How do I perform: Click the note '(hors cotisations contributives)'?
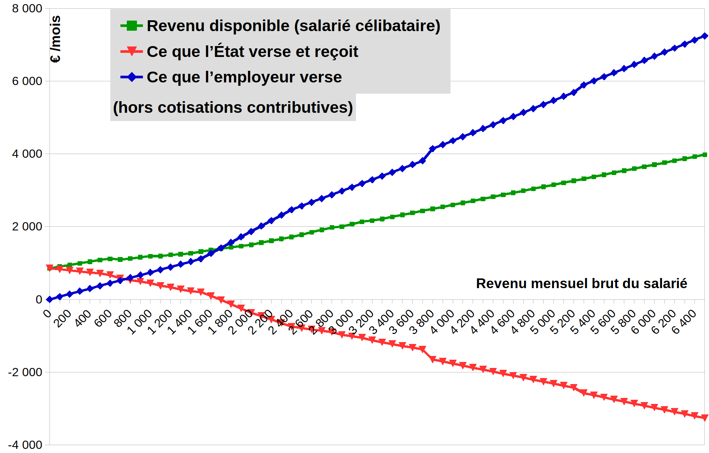233,108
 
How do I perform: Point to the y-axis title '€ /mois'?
56,39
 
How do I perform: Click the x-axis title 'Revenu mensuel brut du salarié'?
581,284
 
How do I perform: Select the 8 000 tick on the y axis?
27,8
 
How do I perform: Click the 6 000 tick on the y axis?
27,81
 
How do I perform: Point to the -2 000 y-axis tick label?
25,372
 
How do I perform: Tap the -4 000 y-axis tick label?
25,445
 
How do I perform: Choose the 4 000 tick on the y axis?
27,154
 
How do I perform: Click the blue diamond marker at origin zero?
50,299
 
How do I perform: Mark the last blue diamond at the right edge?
704,36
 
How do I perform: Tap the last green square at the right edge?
704,155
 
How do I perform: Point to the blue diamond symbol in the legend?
132,77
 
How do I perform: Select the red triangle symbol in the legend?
132,51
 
